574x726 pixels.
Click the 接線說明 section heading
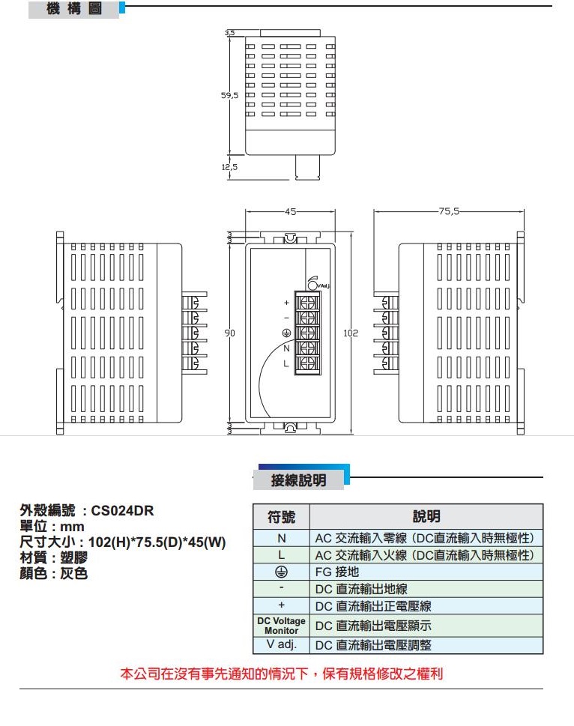point(298,480)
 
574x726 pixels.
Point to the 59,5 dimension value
point(229,96)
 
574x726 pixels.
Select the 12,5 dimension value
point(229,166)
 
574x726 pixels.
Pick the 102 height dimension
point(351,332)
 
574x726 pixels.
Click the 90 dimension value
point(232,332)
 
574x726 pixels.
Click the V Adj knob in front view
point(312,282)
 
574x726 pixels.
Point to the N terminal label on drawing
point(286,348)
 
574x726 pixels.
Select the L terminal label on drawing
point(286,363)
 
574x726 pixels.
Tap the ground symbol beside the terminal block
point(286,333)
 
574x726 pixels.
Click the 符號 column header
point(281,517)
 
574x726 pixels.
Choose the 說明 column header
point(426,517)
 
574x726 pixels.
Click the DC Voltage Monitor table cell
point(281,626)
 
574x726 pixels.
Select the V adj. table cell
point(281,645)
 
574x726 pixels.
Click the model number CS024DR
point(122,511)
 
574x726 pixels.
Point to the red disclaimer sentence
point(282,674)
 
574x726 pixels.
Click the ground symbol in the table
point(281,572)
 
